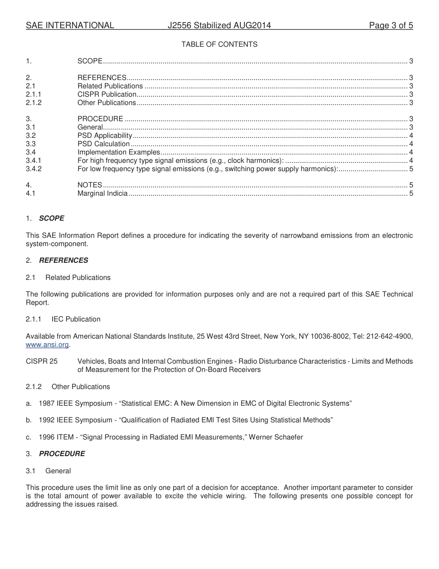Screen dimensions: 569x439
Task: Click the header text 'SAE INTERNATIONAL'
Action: coord(70,25)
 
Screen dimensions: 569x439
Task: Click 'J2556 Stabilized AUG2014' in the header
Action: coord(219,25)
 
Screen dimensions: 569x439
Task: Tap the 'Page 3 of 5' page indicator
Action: coord(390,25)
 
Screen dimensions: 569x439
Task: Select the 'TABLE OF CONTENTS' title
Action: coord(219,44)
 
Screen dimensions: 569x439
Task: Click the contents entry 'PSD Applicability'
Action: coord(105,136)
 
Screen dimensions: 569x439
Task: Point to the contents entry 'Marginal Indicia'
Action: coord(103,193)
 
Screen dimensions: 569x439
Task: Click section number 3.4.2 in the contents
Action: coord(34,169)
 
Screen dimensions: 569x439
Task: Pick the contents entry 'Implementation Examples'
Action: coord(119,152)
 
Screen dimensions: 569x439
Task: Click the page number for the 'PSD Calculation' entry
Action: coord(411,144)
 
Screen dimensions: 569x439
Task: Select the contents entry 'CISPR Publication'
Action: coord(107,94)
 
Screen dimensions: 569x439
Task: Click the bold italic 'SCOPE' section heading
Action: coord(51,218)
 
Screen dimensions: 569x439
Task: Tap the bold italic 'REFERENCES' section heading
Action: coord(63,260)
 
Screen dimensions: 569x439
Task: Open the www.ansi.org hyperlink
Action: coord(48,345)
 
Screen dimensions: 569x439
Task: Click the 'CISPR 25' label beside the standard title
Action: coord(42,361)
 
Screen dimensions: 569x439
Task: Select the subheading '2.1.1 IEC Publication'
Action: coord(63,319)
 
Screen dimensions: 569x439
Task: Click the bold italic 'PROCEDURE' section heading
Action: coord(62,454)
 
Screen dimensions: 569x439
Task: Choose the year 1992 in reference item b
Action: coord(47,420)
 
